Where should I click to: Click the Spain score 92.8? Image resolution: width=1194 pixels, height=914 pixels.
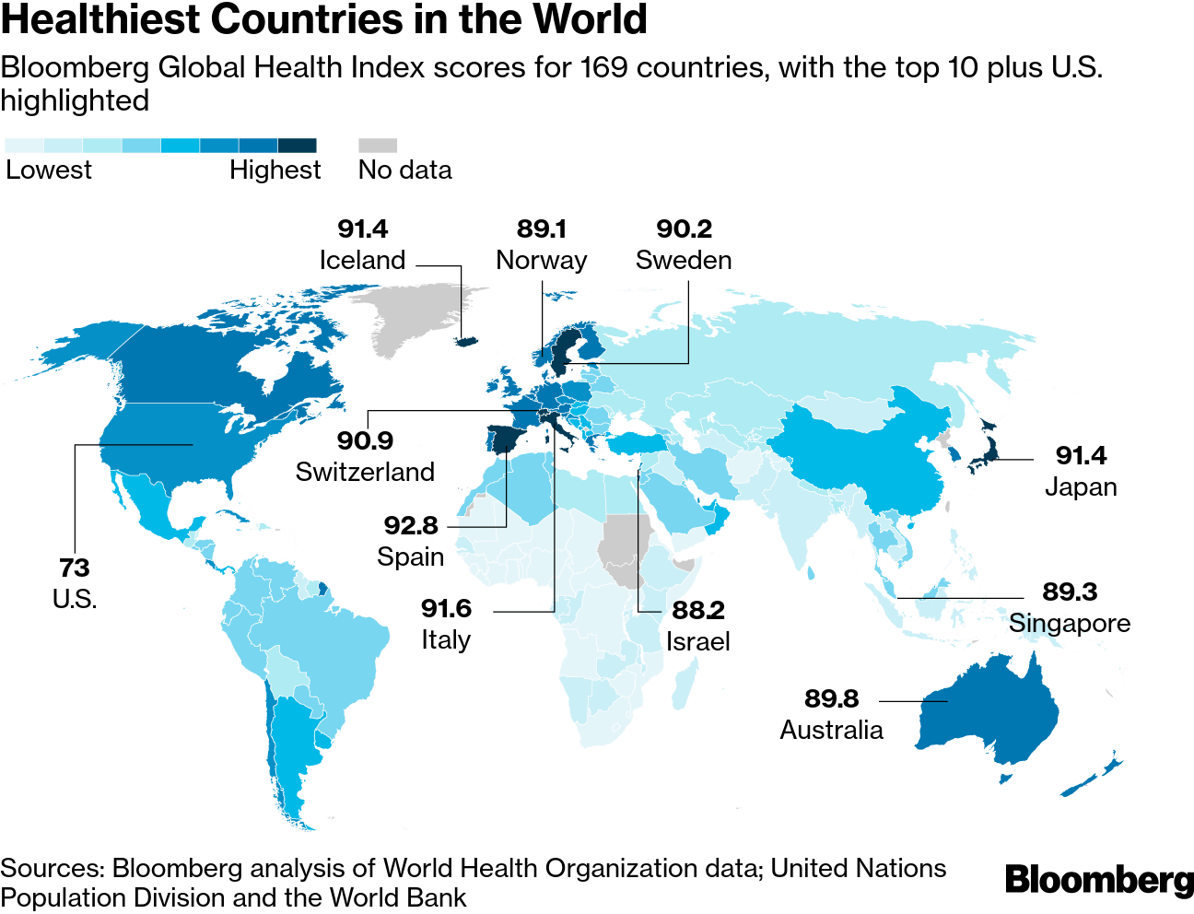coord(411,525)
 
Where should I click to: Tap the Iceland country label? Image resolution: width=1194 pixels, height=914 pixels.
coord(362,261)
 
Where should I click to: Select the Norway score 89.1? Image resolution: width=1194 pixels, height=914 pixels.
coord(542,228)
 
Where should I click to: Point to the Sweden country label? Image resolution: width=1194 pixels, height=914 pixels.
coord(684,261)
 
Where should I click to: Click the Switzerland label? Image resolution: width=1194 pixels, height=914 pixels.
coord(365,472)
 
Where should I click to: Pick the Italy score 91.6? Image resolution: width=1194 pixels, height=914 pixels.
coord(446,608)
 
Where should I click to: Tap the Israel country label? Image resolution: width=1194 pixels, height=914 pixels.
coord(697,641)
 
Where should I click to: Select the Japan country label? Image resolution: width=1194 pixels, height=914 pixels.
coord(1081,486)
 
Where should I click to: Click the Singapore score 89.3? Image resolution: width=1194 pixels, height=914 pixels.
coord(1070,592)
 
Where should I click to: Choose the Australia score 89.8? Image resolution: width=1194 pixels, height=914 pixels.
coord(831,698)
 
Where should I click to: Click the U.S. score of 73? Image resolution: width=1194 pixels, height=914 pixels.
coord(75,568)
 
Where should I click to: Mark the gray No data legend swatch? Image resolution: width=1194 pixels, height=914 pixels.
coord(378,146)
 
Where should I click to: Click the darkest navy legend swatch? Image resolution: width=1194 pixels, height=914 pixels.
coord(297,146)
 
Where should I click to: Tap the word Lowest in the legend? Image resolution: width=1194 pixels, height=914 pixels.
coord(49,170)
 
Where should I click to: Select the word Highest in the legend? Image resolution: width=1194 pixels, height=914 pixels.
coord(275,170)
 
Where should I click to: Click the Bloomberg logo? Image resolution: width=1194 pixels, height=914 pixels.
coord(1098,880)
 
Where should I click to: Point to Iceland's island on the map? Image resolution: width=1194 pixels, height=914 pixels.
coord(467,341)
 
